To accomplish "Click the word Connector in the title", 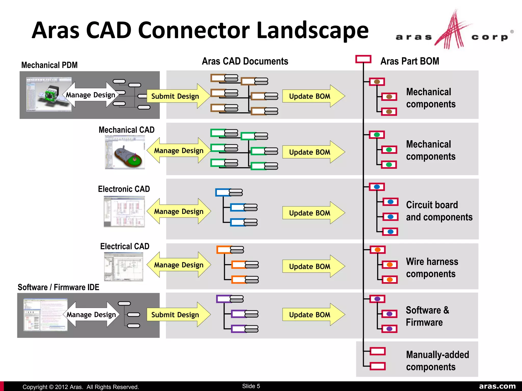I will coord(195,31).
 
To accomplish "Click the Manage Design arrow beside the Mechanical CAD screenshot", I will coord(179,150).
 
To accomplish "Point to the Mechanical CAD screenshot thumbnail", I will coord(125,152).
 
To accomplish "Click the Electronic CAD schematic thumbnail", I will coord(124,211).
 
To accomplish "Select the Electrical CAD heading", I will coord(125,246).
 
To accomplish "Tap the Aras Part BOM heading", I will coord(410,61).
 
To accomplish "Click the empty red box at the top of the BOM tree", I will coord(363,59).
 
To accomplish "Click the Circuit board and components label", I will coord(439,211).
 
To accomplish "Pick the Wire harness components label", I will coord(432,268).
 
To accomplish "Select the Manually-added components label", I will coord(437,361).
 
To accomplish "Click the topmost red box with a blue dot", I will coord(377,187).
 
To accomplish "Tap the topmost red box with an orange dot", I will coord(377,250).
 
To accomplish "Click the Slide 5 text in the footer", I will coord(251,386).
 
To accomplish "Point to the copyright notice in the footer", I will coord(81,387).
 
